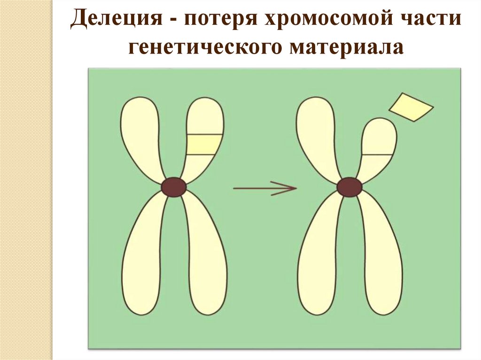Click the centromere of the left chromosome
(x=174, y=187)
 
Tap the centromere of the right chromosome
(x=349, y=187)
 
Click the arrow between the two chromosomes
(x=265, y=188)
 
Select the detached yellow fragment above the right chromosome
(x=411, y=107)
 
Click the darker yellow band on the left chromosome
(x=203, y=145)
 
